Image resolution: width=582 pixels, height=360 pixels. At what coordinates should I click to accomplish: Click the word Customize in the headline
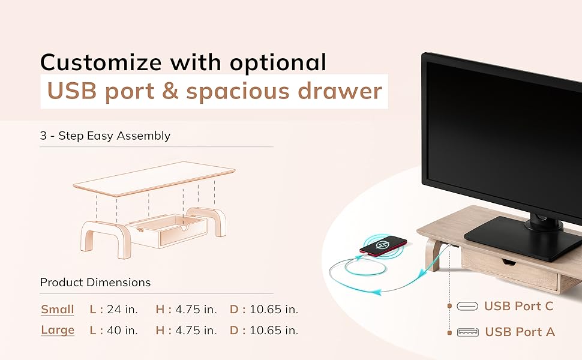[101, 62]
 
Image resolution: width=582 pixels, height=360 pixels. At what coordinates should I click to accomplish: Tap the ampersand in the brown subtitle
[170, 91]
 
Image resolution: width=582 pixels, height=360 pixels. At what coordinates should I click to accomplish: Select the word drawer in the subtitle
[340, 91]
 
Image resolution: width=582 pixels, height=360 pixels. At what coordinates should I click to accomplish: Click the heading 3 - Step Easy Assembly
[105, 136]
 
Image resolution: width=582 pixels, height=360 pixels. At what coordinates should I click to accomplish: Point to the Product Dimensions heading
[95, 283]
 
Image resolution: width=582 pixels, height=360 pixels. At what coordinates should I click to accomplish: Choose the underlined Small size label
[58, 310]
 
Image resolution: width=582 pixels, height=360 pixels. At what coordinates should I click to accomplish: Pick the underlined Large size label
[58, 331]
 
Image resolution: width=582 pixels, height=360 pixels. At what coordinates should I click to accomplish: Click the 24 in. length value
[122, 310]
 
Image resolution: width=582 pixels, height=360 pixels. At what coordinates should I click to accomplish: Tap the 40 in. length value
[122, 331]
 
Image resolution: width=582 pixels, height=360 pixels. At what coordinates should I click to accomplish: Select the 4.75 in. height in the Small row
[196, 310]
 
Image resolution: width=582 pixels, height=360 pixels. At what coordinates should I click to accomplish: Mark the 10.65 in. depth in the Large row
[274, 331]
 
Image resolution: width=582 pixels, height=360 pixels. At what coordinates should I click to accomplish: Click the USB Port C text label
[518, 306]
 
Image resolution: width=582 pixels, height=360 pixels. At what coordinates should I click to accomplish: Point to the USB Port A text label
[520, 332]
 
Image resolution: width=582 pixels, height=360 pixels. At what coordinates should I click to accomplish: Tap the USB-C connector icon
[467, 306]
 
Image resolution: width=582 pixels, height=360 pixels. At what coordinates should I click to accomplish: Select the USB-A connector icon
[467, 332]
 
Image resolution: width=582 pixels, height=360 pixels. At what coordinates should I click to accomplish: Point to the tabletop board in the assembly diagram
[154, 179]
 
